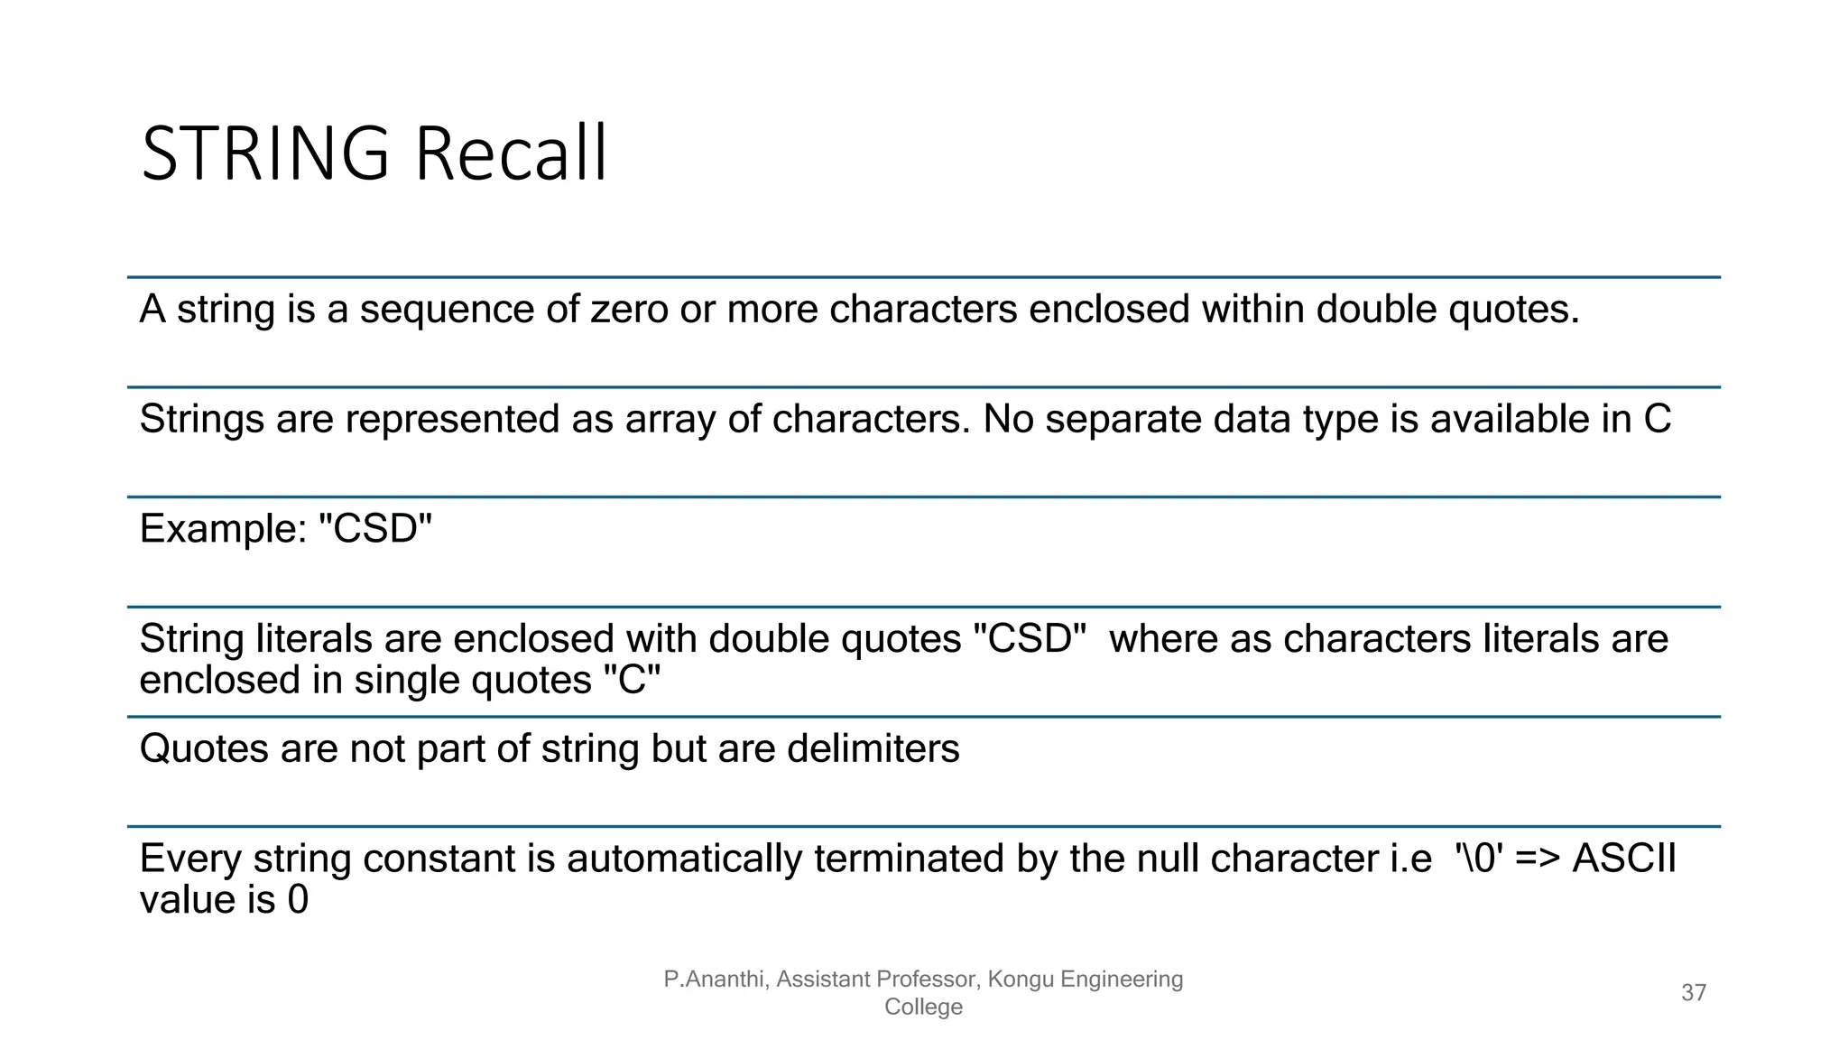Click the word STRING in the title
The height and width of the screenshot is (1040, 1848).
pos(265,153)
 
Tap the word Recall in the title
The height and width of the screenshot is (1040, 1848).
pos(511,153)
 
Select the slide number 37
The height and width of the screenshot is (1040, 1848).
pos(1694,993)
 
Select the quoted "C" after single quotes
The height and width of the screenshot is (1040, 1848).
pos(632,680)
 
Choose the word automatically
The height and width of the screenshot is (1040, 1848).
pos(684,859)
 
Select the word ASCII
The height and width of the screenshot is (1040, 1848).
pos(1623,859)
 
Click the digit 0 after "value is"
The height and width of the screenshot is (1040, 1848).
pos(298,900)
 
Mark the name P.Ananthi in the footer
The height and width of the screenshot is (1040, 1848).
pos(714,980)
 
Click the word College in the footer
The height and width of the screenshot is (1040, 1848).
pos(923,1007)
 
